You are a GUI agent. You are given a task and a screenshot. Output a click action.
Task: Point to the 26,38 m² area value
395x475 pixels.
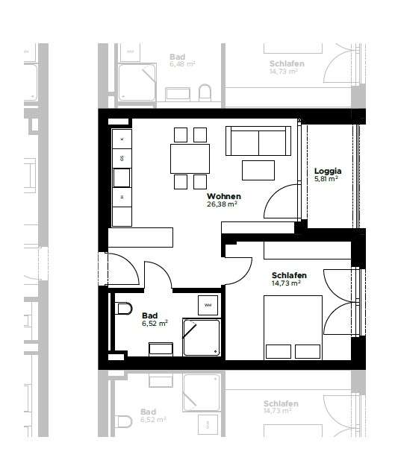click(x=222, y=204)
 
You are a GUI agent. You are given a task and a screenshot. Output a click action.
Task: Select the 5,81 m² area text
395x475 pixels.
click(x=326, y=179)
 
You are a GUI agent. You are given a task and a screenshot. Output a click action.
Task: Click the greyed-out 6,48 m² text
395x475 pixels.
click(x=182, y=65)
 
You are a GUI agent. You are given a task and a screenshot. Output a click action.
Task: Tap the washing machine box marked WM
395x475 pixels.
click(x=208, y=305)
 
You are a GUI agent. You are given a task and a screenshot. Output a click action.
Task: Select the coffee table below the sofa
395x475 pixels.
click(x=258, y=170)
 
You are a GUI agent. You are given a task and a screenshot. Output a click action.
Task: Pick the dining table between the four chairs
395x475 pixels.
click(x=190, y=158)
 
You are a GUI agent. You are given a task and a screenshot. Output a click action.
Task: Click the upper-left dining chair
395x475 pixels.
click(x=180, y=134)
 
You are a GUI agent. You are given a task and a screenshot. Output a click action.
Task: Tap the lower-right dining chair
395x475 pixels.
click(x=199, y=182)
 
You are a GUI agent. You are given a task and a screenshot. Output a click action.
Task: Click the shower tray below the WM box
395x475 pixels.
click(x=202, y=338)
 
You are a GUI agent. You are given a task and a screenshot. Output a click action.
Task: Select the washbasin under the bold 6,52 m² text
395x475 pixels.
click(x=161, y=348)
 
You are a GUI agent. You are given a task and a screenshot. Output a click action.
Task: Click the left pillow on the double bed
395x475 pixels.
click(x=277, y=350)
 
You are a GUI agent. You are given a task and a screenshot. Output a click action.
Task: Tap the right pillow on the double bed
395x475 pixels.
click(x=307, y=350)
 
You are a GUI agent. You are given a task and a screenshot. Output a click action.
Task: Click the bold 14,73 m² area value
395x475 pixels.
click(x=286, y=283)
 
